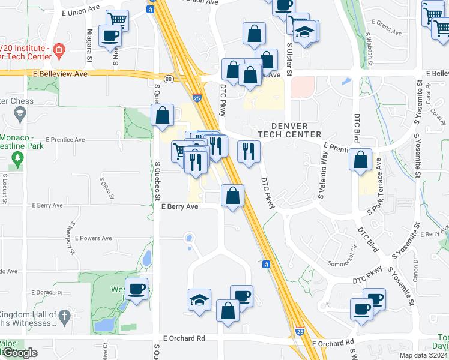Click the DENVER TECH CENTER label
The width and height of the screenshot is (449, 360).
coord(291,130)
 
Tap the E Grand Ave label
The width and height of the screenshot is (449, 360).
coord(387,27)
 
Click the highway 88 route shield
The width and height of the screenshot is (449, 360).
coord(170,79)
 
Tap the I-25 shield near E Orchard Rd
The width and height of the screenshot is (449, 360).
coord(300,331)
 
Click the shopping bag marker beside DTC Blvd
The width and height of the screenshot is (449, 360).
coord(360,160)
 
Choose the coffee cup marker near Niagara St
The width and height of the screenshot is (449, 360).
coord(110,35)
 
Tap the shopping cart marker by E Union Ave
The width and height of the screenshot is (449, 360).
coord(118,20)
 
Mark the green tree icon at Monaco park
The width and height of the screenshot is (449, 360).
coord(17,159)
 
